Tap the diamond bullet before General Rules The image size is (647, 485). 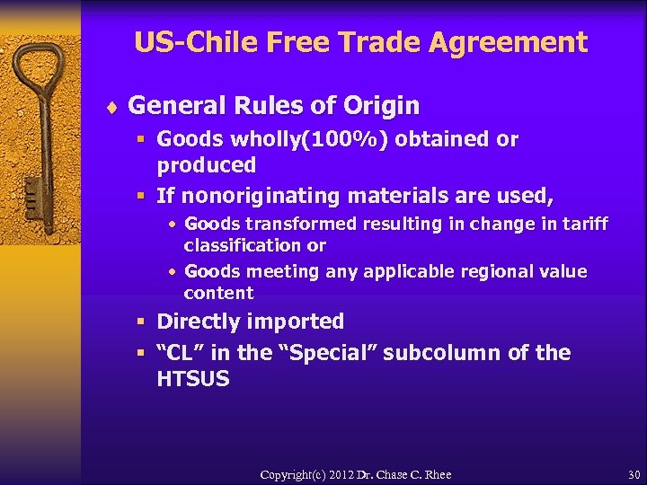click(113, 107)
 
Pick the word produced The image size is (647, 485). click(207, 164)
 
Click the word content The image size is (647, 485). click(218, 293)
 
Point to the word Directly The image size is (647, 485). click(198, 322)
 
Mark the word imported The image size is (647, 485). click(298, 322)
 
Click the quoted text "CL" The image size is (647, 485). click(180, 353)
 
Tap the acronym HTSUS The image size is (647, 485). click(193, 379)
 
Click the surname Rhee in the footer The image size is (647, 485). click(437, 474)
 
